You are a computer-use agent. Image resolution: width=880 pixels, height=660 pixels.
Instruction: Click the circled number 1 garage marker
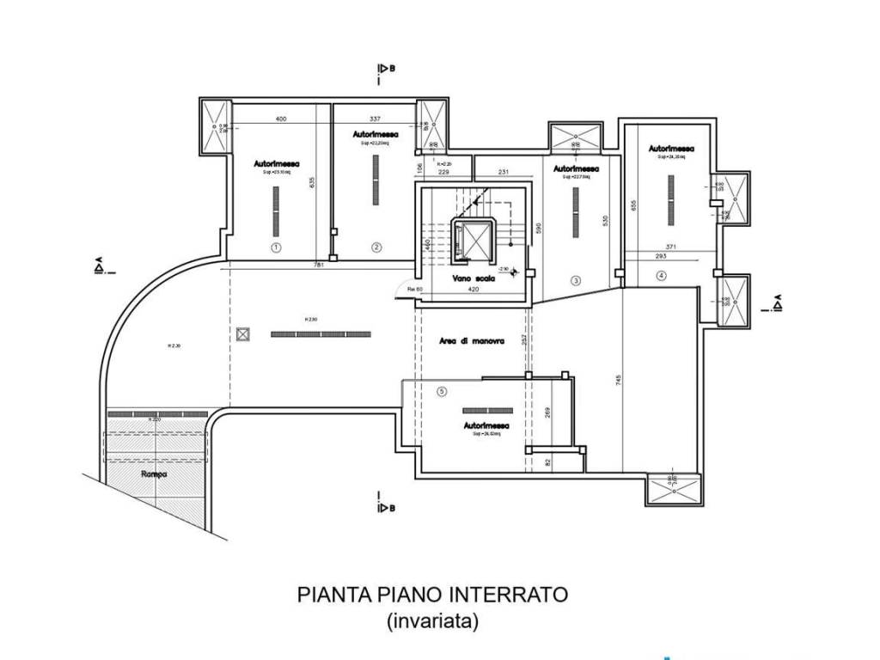[x=276, y=247]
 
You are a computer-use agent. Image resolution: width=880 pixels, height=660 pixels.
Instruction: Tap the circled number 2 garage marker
[x=376, y=247]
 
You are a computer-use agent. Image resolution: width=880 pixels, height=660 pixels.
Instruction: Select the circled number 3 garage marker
[x=576, y=279]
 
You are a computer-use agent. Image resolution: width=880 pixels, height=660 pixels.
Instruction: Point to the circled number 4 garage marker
[x=661, y=276]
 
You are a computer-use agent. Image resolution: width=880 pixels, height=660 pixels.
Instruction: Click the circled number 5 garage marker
[x=442, y=392]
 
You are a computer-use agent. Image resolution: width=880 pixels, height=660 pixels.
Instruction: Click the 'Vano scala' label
[x=472, y=278]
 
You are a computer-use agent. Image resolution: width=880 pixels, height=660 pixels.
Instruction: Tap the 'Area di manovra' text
[x=470, y=341]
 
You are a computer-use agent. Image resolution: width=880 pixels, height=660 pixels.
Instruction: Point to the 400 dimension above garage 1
[x=280, y=119]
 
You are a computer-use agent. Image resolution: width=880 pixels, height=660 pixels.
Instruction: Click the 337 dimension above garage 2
[x=375, y=119]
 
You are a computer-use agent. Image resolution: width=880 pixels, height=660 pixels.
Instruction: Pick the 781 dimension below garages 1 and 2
[x=318, y=266]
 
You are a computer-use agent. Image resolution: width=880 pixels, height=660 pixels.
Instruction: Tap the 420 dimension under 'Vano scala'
[x=472, y=290]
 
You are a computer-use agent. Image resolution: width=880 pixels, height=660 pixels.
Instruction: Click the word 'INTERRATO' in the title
[x=510, y=595]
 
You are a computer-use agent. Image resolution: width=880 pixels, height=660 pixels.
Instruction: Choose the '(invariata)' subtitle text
[x=432, y=621]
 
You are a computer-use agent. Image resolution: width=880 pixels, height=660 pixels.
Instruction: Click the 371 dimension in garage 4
[x=671, y=247]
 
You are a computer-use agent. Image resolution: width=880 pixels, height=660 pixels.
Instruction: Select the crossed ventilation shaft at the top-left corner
[x=215, y=125]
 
